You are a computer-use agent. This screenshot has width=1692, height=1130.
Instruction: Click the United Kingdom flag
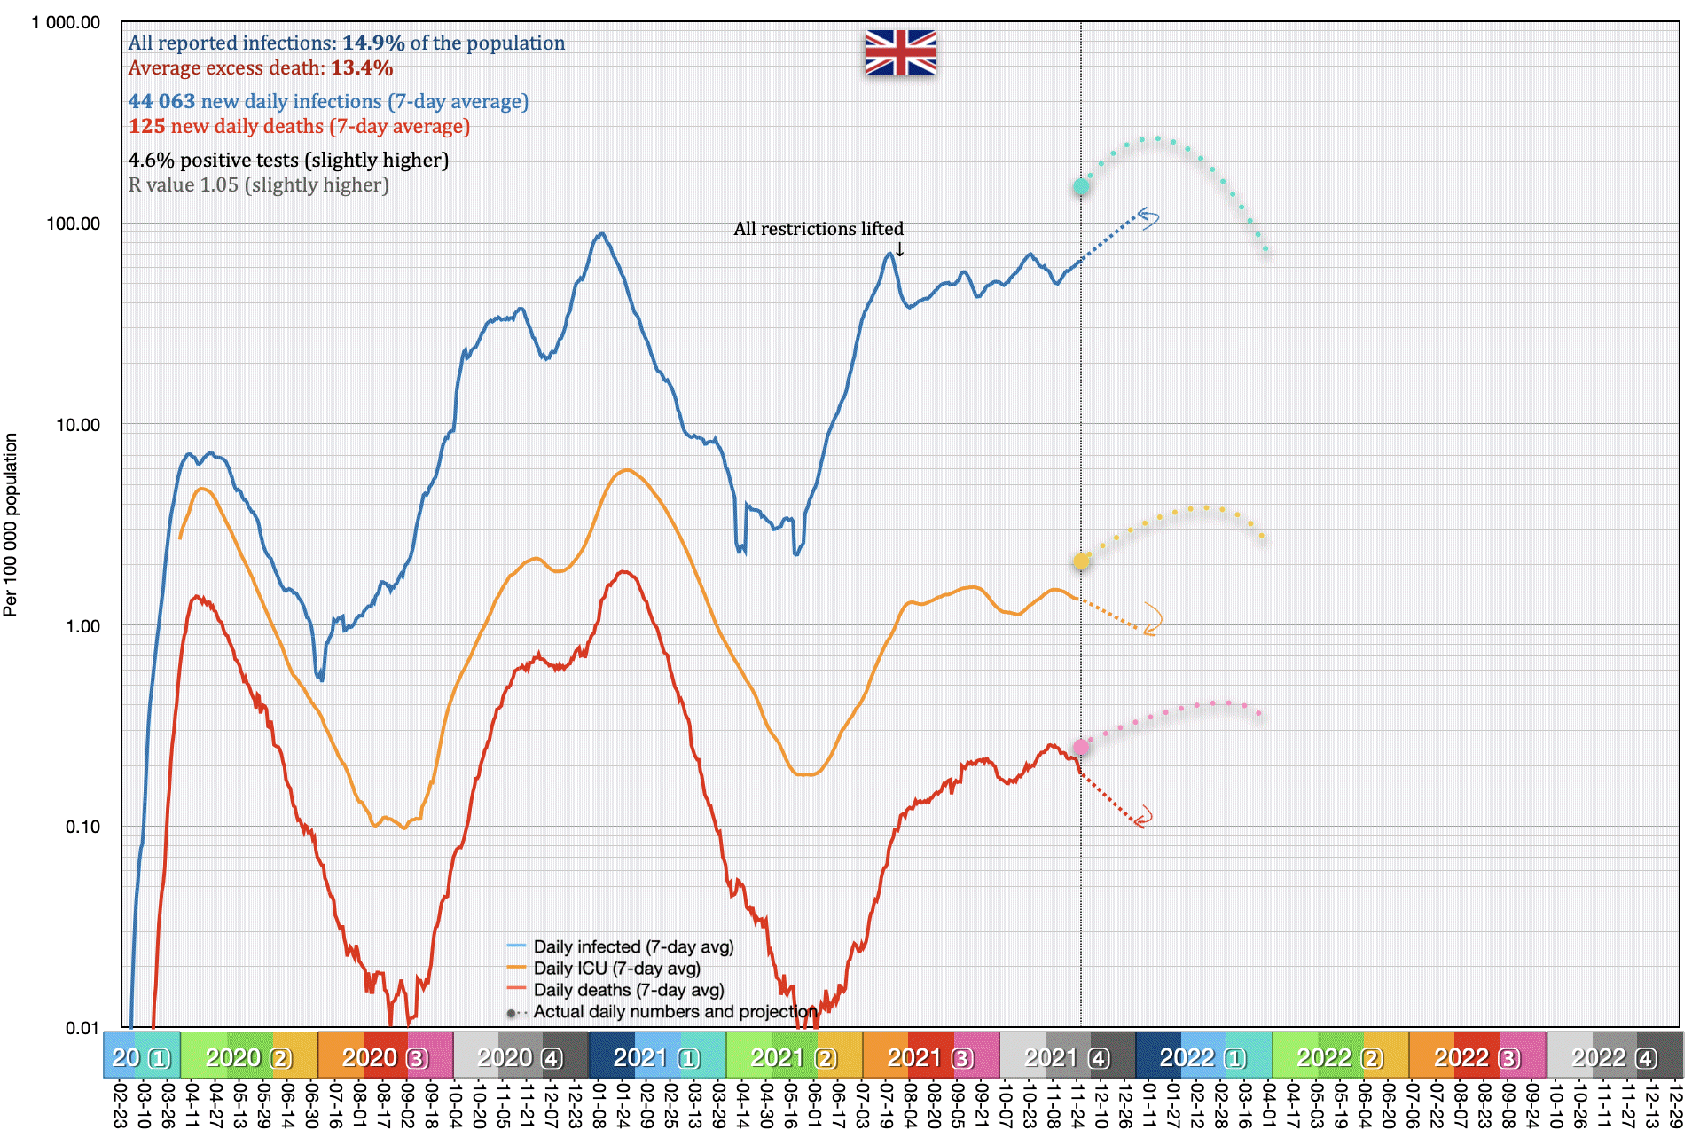coord(900,52)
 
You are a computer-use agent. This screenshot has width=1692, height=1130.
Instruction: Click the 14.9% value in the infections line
coord(373,43)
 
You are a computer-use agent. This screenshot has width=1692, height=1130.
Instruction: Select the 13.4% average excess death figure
coord(362,67)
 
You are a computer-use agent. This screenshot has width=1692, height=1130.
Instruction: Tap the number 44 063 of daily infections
coord(161,101)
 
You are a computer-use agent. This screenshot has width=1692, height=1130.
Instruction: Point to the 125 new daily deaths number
coord(147,126)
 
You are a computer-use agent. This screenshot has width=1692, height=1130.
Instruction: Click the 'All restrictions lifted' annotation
coord(818,229)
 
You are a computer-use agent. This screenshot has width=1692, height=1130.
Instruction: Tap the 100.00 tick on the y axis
coord(74,224)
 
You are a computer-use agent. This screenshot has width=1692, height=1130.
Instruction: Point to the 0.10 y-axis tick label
coord(82,827)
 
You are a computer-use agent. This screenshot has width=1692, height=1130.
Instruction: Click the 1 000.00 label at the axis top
coord(66,22)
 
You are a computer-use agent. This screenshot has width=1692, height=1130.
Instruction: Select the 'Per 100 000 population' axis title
coord(11,524)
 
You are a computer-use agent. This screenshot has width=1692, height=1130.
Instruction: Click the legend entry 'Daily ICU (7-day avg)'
coord(616,969)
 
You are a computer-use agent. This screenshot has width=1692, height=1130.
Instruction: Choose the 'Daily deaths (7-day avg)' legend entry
coord(628,990)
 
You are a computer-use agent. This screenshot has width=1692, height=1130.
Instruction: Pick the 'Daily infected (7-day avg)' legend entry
coord(633,947)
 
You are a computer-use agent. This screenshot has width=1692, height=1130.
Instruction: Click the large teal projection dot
coord(1081,186)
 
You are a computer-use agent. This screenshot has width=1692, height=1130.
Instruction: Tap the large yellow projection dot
coord(1081,561)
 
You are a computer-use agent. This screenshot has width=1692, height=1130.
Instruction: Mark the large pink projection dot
coord(1081,748)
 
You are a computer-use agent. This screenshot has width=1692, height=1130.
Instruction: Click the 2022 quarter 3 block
coord(1477,1057)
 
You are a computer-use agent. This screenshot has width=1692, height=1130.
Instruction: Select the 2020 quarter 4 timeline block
coord(520,1057)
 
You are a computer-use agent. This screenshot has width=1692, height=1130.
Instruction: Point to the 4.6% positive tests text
coord(288,160)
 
